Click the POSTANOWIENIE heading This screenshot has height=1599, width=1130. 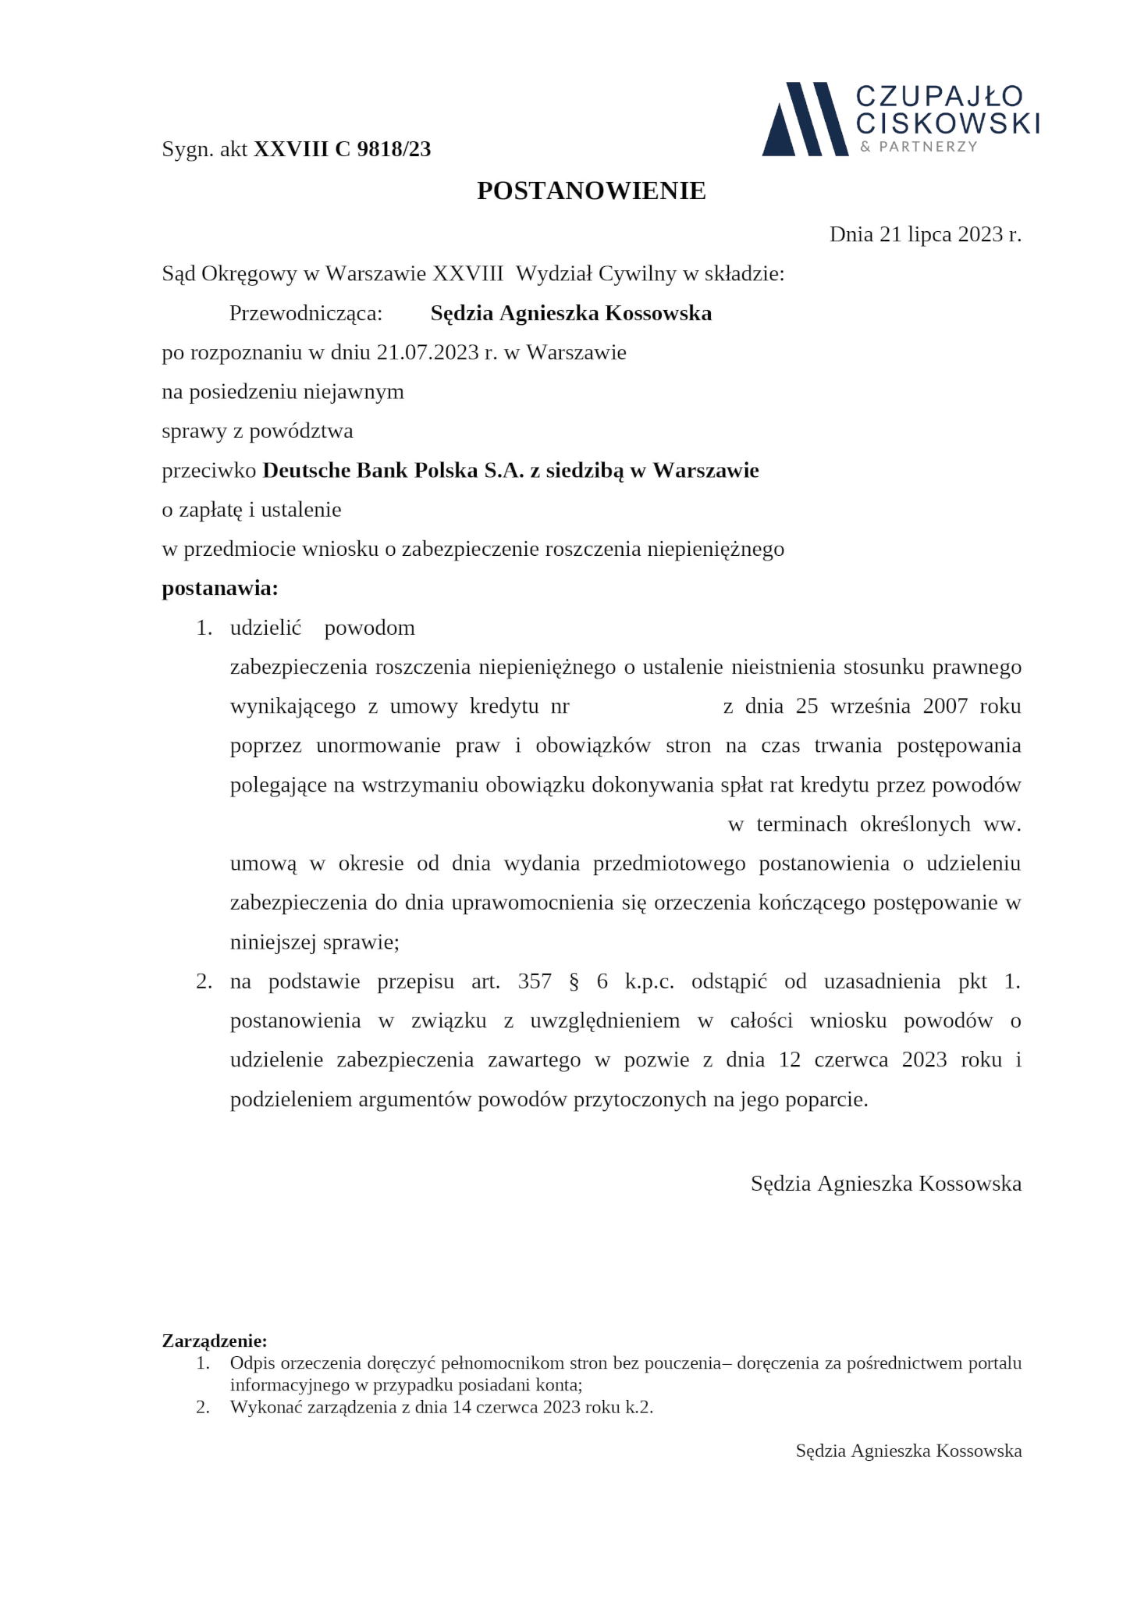click(x=591, y=191)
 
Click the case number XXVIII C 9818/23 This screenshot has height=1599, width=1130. click(x=342, y=149)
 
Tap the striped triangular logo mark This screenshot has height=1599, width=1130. click(x=804, y=119)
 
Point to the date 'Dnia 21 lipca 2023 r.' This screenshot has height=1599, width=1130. click(x=925, y=234)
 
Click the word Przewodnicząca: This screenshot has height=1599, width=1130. click(x=306, y=313)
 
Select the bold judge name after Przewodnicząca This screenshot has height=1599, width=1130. click(x=570, y=313)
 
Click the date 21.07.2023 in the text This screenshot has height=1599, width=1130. click(x=427, y=352)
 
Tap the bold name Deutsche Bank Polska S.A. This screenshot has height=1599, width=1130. click(x=393, y=470)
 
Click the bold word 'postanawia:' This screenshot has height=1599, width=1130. click(x=219, y=588)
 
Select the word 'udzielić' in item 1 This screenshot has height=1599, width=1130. click(x=265, y=628)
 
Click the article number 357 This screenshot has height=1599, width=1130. click(x=535, y=981)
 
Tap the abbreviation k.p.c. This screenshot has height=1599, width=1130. click(x=649, y=981)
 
